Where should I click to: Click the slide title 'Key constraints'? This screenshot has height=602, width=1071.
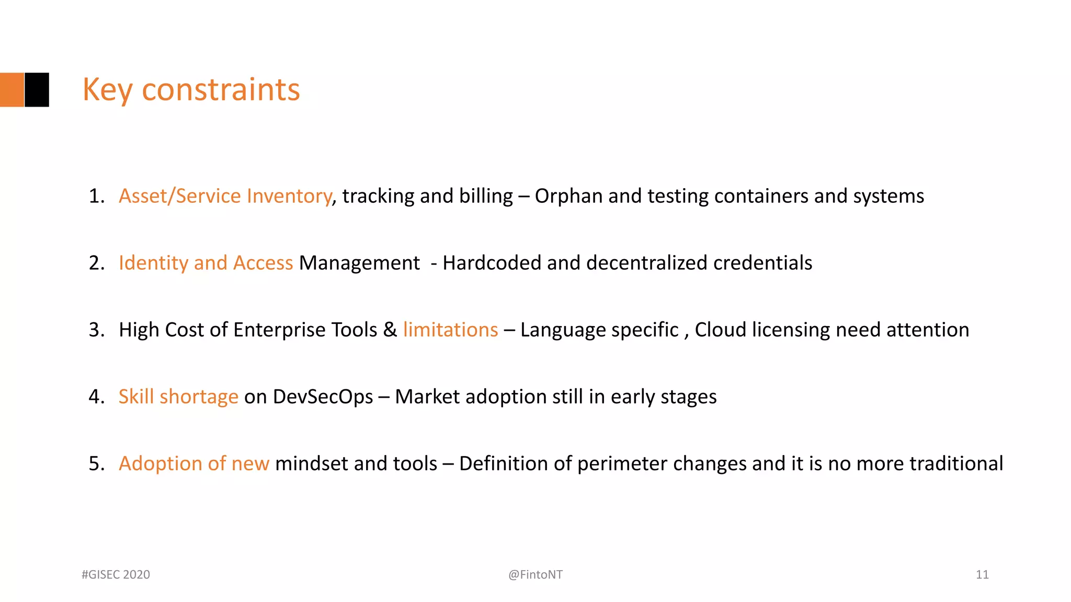tap(191, 90)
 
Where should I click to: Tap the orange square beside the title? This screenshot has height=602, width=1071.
tap(12, 90)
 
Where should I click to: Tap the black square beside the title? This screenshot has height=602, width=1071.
tap(37, 90)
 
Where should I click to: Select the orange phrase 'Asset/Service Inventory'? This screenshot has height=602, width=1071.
tap(225, 196)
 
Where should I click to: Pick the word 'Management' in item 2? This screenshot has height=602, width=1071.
tap(359, 263)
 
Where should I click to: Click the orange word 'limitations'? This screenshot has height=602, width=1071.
tap(450, 330)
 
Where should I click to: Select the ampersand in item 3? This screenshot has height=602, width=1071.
tap(390, 330)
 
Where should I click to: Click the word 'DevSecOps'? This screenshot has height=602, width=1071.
tap(323, 397)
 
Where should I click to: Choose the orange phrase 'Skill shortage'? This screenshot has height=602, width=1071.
tap(178, 397)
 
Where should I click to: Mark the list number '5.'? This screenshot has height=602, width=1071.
tap(97, 464)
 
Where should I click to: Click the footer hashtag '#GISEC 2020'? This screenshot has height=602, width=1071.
tap(116, 575)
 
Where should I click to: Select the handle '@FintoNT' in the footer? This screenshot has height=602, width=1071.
tap(535, 575)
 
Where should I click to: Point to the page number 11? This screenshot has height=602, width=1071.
tap(982, 575)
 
